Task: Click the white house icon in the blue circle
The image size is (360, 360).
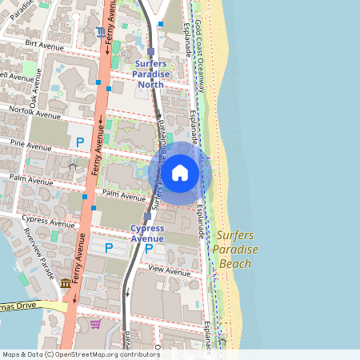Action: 180,172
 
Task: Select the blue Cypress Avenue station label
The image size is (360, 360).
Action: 147,233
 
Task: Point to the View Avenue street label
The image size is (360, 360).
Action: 168,271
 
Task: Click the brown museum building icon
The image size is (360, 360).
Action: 66,283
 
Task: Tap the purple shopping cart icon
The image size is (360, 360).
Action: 95,324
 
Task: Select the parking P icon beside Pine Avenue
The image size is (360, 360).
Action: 79,142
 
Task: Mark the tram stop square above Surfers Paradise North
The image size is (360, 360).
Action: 150,51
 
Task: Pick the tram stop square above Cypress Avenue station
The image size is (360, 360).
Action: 148,216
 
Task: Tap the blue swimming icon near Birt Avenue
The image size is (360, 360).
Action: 99,32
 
